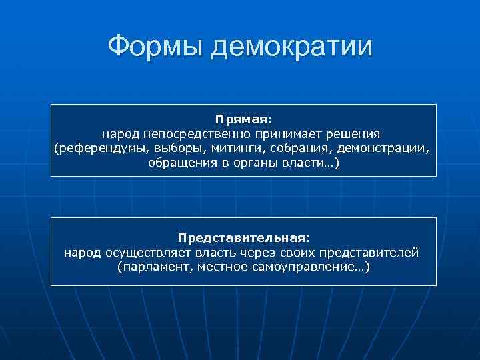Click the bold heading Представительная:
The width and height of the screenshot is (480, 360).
tap(243, 237)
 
